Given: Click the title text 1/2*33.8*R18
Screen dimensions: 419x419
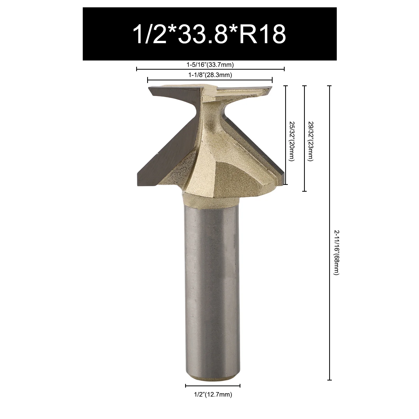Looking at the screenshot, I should point(210,34).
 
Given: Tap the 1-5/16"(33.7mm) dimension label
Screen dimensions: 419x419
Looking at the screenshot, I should point(210,64).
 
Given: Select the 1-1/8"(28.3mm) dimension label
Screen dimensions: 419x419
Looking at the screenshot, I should point(210,75).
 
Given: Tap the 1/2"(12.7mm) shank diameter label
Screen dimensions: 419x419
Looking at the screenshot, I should point(213,395).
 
